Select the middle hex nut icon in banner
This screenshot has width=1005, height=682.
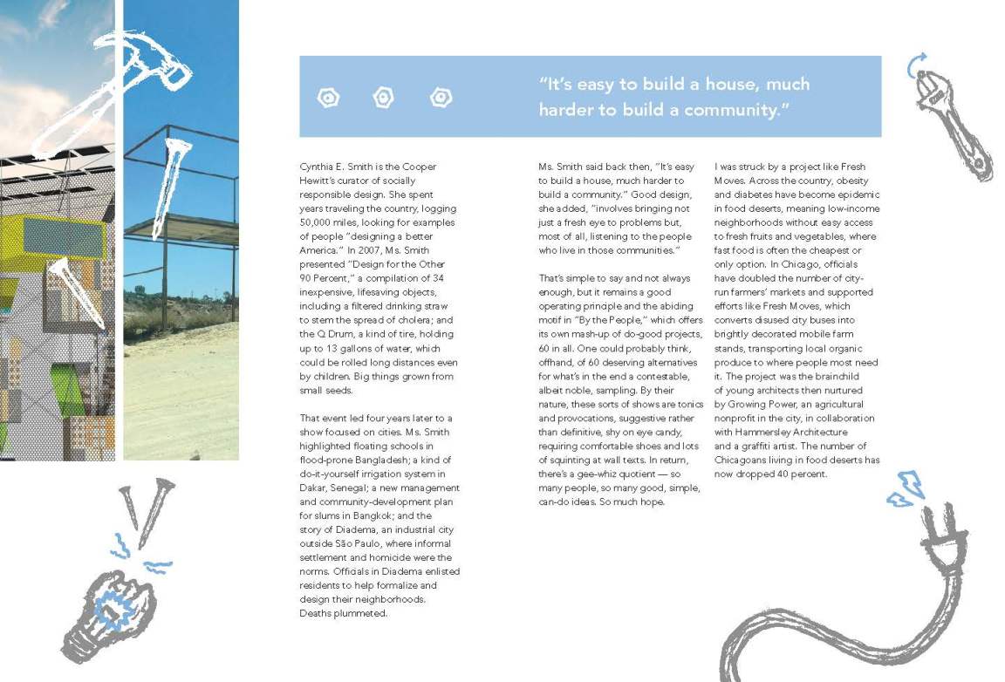pyautogui.click(x=383, y=98)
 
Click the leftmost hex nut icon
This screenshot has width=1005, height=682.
pyautogui.click(x=328, y=98)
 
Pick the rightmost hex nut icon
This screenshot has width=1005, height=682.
pyautogui.click(x=441, y=98)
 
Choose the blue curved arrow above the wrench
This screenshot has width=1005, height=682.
pyautogui.click(x=914, y=62)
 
